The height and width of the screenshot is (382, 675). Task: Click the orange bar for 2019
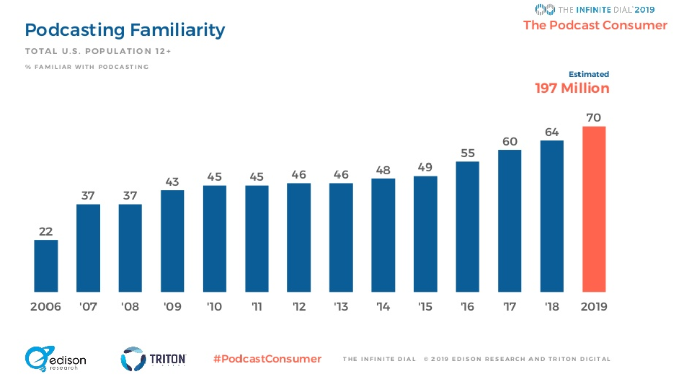click(x=594, y=208)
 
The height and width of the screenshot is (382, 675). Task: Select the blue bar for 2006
click(x=46, y=265)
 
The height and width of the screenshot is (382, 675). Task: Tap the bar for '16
click(x=467, y=227)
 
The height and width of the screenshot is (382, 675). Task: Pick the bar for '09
click(x=172, y=241)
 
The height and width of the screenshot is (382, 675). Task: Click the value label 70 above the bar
click(x=594, y=118)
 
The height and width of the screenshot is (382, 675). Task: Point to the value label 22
click(x=46, y=231)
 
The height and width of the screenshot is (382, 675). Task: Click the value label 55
click(x=468, y=153)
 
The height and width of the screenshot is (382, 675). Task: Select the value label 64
click(x=552, y=132)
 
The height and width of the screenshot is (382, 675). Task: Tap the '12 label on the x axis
click(x=299, y=307)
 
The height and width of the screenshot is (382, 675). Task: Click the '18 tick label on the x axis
click(x=552, y=307)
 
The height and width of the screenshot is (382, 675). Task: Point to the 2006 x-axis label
click(x=45, y=307)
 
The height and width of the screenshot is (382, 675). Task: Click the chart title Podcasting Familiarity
click(x=125, y=30)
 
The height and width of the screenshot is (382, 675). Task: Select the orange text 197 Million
click(x=572, y=89)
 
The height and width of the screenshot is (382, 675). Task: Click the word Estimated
click(x=589, y=74)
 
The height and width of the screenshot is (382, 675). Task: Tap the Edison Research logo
click(x=56, y=359)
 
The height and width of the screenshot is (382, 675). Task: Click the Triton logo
click(x=154, y=359)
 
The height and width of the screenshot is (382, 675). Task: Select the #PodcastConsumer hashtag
click(x=267, y=359)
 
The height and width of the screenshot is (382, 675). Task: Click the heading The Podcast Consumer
click(x=595, y=25)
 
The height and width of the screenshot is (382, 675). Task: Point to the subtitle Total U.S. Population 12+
click(x=98, y=51)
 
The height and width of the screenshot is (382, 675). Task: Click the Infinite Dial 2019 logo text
click(x=595, y=9)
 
